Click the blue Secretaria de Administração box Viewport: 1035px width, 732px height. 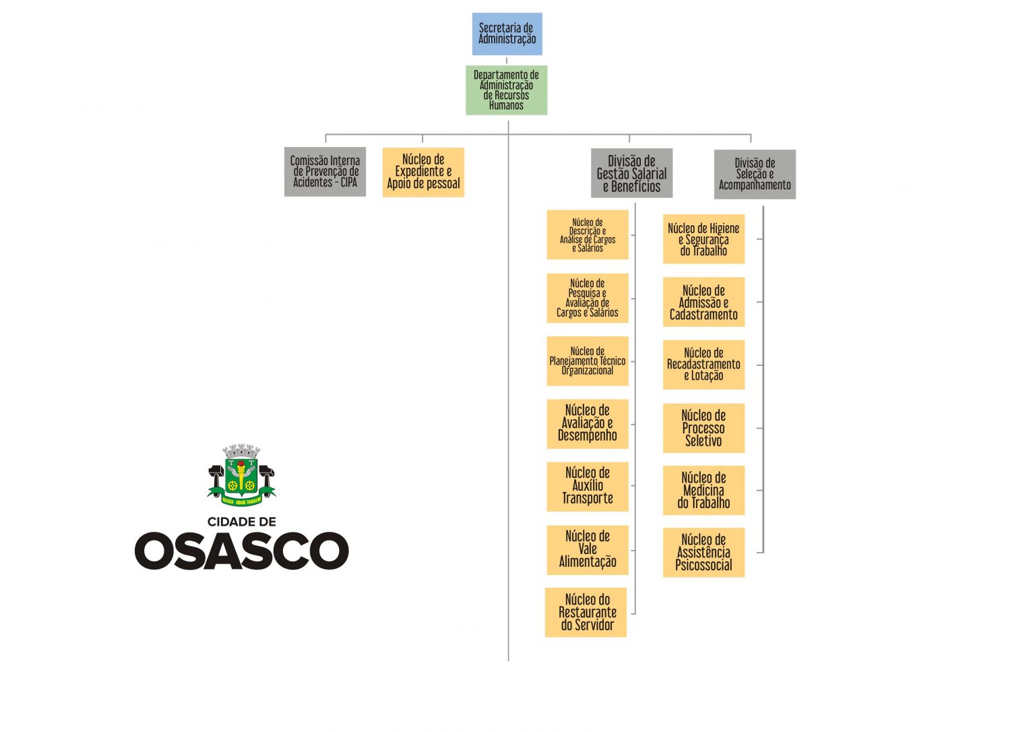507,34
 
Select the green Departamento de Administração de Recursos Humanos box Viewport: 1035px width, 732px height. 506,90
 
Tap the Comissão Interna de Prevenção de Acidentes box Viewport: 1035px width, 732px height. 325,172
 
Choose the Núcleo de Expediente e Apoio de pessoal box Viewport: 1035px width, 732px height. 423,172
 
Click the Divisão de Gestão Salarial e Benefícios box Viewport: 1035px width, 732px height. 631,173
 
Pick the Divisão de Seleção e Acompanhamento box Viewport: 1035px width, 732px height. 755,174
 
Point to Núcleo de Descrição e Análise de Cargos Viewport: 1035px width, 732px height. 587,235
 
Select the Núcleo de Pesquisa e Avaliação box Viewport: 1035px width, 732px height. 587,298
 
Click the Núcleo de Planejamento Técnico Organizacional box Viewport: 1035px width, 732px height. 587,361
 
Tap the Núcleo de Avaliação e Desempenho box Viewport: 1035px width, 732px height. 587,423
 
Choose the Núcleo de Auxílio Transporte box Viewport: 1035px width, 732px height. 587,486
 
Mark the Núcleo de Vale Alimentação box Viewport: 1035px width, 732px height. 587,549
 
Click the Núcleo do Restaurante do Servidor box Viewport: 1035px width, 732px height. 586,612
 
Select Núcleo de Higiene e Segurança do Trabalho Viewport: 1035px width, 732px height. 703,239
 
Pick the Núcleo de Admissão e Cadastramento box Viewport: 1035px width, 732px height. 703,302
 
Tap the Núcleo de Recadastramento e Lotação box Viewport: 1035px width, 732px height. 703,365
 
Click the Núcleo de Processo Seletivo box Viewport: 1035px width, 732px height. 703,428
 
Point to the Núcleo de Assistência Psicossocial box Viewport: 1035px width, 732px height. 703,553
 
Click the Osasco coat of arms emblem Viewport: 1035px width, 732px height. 241,475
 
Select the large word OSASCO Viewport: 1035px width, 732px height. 241,551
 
